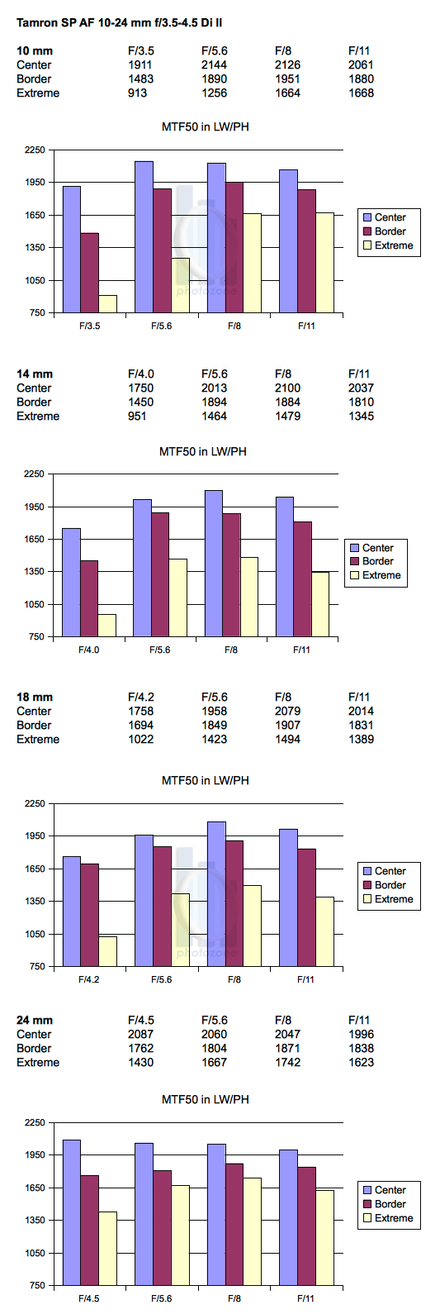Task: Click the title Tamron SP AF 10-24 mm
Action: click(x=82, y=23)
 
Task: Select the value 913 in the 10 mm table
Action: click(x=138, y=93)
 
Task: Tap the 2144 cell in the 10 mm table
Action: click(x=214, y=64)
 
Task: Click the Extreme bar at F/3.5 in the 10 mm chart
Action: click(x=108, y=304)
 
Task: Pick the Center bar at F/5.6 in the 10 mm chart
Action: click(x=144, y=237)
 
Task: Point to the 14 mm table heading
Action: click(x=35, y=374)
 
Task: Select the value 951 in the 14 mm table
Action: click(x=138, y=416)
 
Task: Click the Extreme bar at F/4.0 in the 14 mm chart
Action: click(x=107, y=626)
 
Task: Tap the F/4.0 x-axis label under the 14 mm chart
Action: click(x=89, y=650)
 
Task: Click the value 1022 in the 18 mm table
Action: click(x=140, y=739)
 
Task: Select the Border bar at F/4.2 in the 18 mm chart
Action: click(x=90, y=915)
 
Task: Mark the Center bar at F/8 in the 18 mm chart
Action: click(x=217, y=894)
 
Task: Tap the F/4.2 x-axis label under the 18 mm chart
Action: click(x=89, y=979)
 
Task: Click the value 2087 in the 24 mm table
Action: click(x=140, y=1034)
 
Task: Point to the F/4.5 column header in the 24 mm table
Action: click(x=140, y=1020)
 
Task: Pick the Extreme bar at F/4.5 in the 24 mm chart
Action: click(x=108, y=1249)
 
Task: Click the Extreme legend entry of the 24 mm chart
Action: click(x=388, y=1218)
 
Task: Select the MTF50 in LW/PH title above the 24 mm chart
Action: click(x=205, y=1099)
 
